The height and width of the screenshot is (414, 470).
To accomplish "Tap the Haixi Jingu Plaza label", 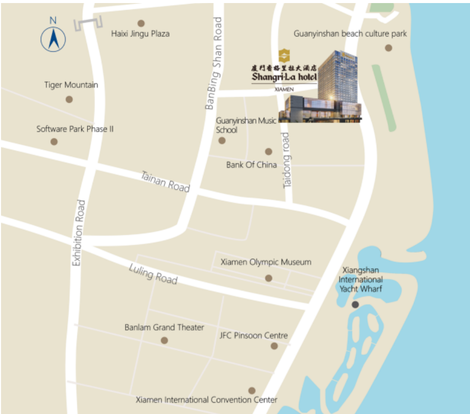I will point(140,34).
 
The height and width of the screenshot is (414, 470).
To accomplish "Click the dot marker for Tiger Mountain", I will point(69,99).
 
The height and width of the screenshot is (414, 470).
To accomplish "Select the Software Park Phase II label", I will point(75,129).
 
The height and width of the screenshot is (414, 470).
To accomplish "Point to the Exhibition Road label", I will point(78,233).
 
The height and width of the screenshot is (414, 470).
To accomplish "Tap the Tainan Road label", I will point(165,182).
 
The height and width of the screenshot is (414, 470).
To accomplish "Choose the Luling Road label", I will point(153,274).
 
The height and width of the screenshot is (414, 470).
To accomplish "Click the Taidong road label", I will point(287,161).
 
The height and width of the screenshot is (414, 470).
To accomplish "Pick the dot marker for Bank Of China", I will point(269,152).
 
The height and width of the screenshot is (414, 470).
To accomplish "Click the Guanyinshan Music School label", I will point(246,125).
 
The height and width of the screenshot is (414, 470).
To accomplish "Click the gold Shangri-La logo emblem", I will point(284,55).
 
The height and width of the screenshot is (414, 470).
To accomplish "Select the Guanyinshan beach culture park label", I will point(350,34).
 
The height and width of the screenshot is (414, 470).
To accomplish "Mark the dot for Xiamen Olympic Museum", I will point(269,278).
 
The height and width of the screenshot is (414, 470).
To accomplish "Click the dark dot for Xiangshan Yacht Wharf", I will point(355,304).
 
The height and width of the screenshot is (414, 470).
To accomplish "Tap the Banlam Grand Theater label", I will point(164,328).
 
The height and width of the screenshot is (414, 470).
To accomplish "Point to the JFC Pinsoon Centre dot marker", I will point(274,346).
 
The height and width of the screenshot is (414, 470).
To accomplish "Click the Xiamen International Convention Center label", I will point(207,400).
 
